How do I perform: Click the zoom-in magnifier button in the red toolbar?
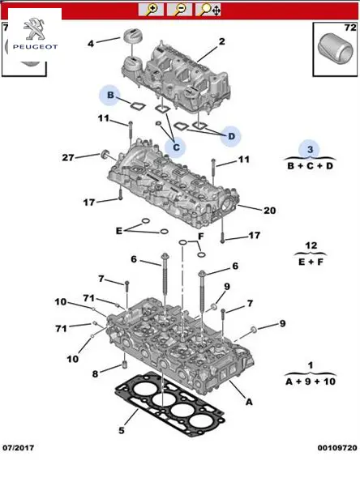coord(151,9)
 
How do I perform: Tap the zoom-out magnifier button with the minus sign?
coord(179,9)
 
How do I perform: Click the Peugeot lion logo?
coord(35,29)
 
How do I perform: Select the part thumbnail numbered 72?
coord(335,49)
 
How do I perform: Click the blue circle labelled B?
coord(109,95)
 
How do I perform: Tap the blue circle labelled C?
coord(176,147)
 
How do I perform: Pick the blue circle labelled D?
coord(231,136)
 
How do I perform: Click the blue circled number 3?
coord(310,150)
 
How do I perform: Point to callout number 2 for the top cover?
coord(221,41)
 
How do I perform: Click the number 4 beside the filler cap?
coord(90,44)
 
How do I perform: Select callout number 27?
coord(68,158)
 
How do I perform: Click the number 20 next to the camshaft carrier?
coord(269,211)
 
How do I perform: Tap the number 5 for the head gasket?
coord(122,431)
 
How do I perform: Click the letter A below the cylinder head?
coord(249,403)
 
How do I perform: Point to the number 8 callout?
coord(96,374)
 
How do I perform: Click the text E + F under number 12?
coord(311,262)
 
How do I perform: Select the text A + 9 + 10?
coord(311,382)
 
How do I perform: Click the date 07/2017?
coord(19,448)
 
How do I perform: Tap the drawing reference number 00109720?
coord(337,448)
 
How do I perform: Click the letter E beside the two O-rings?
coord(119,231)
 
